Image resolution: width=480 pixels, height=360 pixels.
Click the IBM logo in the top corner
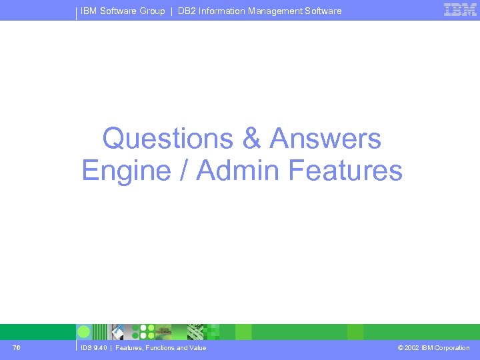[x=460, y=9]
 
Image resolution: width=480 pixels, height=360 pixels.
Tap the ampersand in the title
[x=251, y=139]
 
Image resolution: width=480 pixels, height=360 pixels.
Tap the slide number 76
[x=16, y=348]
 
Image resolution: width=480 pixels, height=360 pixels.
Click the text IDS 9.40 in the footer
[x=93, y=348]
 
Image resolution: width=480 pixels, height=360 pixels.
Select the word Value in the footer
[x=196, y=348]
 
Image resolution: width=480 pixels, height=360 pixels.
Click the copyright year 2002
[x=412, y=348]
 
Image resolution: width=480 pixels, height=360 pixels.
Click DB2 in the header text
[x=187, y=11]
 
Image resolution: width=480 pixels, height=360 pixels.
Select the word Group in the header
[x=152, y=11]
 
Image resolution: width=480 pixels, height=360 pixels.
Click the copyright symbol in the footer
[x=399, y=348]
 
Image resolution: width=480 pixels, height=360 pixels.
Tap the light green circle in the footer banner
[x=84, y=332]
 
